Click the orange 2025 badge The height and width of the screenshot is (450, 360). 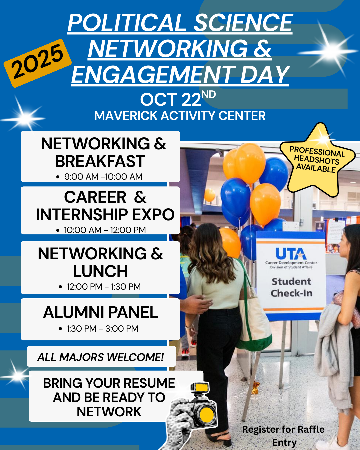click(x=38, y=63)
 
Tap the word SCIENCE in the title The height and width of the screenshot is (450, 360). click(x=243, y=23)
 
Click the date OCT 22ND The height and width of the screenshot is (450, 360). click(x=178, y=99)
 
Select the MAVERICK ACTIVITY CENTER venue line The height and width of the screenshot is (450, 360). click(x=180, y=116)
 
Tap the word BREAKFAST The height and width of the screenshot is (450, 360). click(x=100, y=161)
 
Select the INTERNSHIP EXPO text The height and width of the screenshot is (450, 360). click(x=105, y=215)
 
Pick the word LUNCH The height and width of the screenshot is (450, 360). click(x=100, y=271)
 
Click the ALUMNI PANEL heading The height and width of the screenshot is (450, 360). click(x=100, y=312)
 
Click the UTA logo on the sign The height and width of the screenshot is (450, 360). click(x=291, y=254)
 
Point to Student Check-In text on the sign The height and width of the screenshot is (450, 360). click(x=291, y=287)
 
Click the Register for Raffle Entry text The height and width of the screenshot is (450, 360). click(x=283, y=436)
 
